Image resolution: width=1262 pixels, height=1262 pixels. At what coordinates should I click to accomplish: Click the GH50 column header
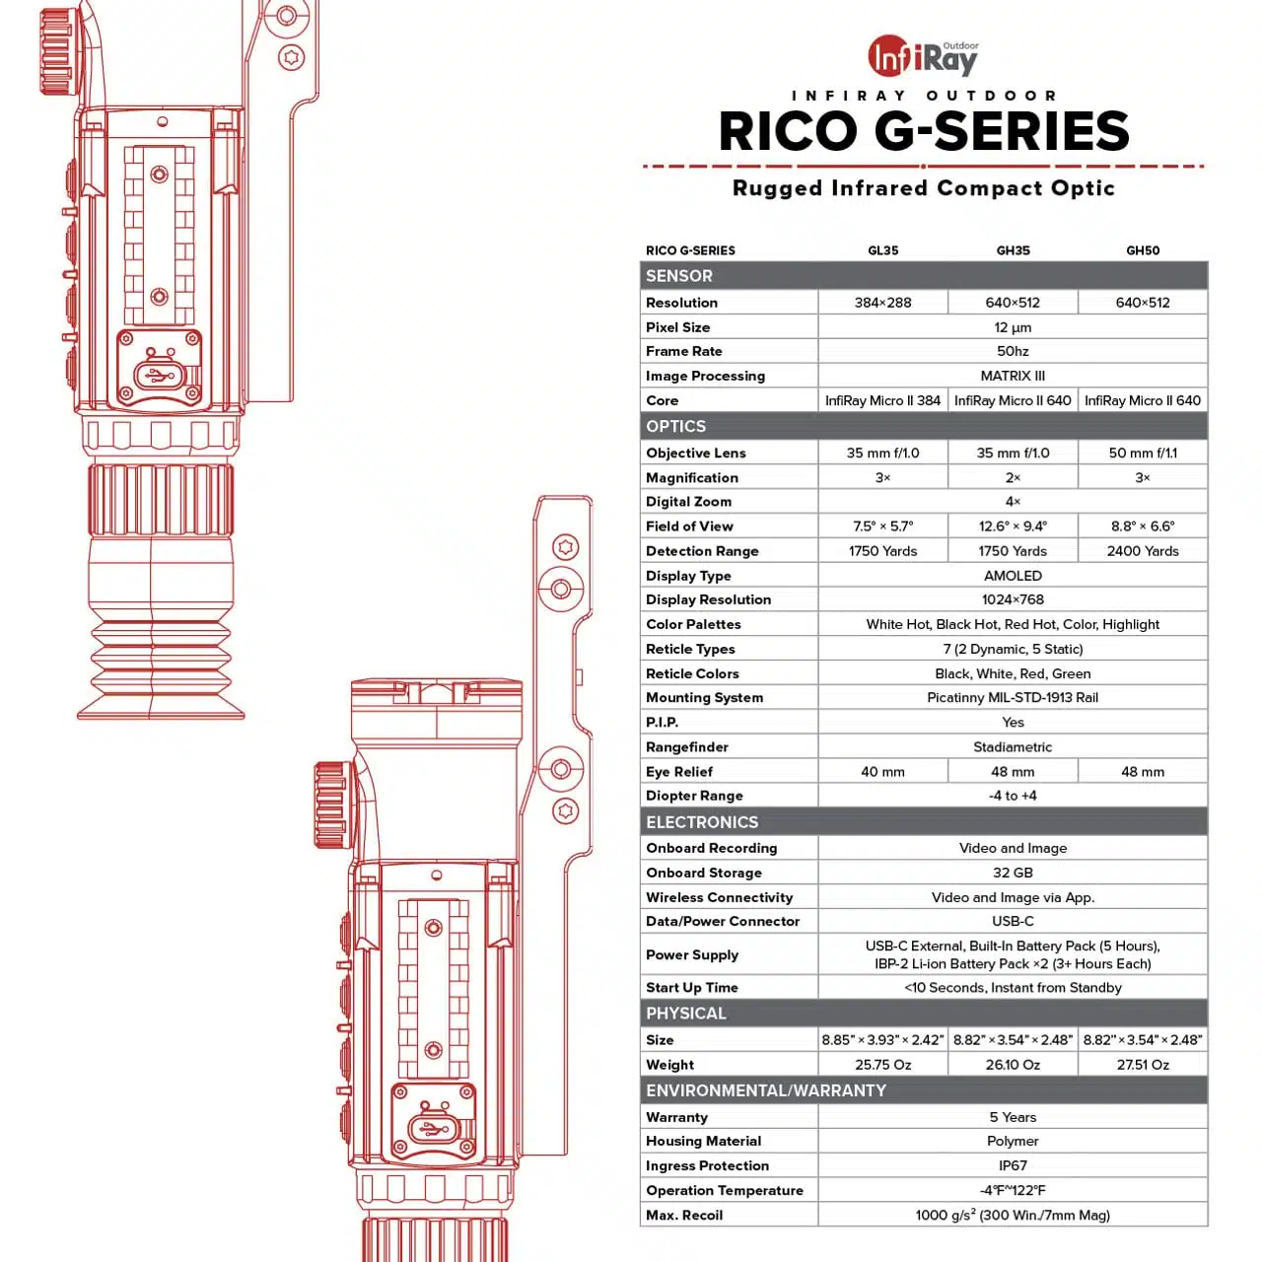pos(1142,250)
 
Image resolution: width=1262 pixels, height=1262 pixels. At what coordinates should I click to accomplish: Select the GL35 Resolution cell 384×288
pos(881,303)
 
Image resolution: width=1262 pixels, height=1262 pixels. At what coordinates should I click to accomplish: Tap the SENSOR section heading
pos(678,276)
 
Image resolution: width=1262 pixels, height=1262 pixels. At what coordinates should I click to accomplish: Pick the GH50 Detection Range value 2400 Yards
pos(1142,551)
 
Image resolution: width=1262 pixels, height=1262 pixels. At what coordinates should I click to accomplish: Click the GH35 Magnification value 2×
pos(1012,477)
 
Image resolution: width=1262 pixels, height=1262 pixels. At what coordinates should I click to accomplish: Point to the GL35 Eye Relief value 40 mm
pos(881,771)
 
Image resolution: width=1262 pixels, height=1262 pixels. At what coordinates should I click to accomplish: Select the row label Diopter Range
pos(693,796)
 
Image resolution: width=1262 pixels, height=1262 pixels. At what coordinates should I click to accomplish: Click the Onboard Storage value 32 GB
pos(1012,873)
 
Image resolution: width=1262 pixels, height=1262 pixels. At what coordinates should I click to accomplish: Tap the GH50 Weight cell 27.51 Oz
pos(1142,1064)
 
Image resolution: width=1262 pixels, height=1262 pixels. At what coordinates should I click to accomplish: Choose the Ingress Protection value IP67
pos(1012,1165)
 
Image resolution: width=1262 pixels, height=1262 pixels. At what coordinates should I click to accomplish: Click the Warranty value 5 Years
pos(1012,1117)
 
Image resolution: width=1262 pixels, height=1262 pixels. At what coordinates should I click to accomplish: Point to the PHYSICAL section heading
pos(685,1014)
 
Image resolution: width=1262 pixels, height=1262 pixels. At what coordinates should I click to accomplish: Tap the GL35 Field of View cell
pos(881,526)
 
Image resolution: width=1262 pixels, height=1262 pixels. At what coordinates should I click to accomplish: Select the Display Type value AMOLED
pos(1012,576)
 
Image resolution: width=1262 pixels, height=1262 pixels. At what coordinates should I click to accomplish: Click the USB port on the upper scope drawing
pos(155,376)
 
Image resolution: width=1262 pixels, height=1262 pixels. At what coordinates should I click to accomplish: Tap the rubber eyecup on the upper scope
pos(161,668)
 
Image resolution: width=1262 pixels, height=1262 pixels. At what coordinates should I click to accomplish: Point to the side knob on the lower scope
pos(332,805)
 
